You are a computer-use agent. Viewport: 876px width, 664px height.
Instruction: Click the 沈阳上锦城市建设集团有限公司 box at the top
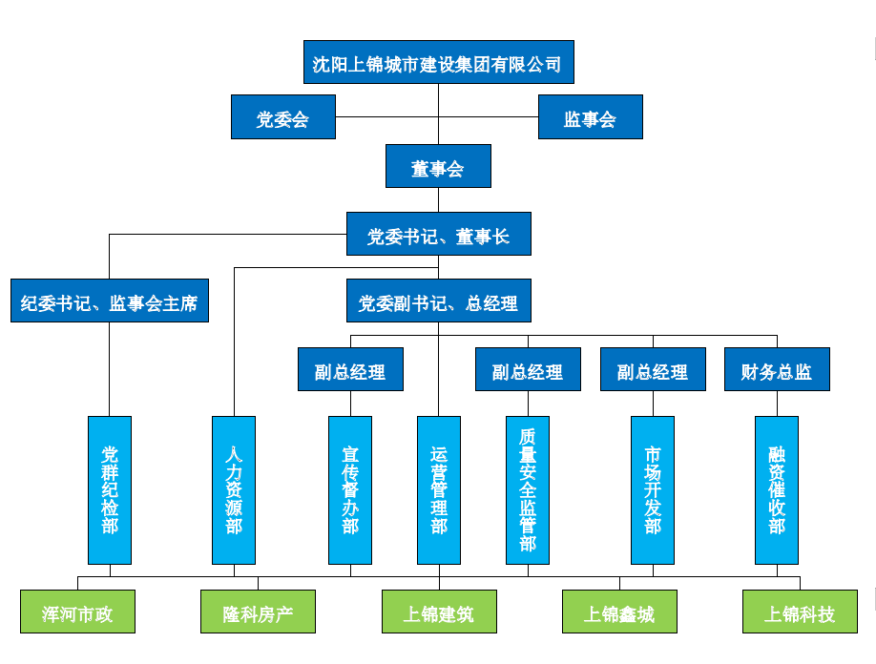coord(438,64)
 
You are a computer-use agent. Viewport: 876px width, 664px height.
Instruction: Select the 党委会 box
coord(282,117)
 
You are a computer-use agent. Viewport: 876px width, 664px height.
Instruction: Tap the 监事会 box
coord(590,117)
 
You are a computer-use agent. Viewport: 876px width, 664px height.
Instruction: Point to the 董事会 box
coord(438,167)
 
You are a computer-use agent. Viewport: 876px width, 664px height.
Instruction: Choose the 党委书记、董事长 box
coord(438,235)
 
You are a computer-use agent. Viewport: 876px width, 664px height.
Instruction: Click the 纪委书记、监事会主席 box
coord(110,301)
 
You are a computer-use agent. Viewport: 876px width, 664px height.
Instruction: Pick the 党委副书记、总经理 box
coord(438,301)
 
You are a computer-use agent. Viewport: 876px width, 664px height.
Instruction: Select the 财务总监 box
coord(776,370)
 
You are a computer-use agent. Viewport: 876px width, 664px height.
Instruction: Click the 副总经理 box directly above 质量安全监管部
coord(528,370)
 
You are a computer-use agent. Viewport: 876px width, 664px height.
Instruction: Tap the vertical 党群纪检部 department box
coord(110,489)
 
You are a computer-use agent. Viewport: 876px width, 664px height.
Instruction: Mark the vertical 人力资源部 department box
coord(234,489)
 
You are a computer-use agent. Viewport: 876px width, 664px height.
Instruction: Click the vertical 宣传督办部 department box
coord(350,489)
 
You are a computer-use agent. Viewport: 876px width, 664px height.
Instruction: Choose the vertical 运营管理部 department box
coord(439,489)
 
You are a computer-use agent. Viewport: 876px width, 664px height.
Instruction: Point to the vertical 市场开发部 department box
coord(653,489)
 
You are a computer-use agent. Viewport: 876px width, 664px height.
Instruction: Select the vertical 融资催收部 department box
coord(777,489)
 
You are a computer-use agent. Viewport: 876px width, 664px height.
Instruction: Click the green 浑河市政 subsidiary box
coord(77,612)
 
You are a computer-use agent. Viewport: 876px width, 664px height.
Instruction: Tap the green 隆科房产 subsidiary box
coord(258,612)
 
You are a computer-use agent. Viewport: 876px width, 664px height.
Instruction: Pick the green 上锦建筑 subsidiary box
coord(439,612)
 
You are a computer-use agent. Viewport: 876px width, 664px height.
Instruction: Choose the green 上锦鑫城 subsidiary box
coord(619,612)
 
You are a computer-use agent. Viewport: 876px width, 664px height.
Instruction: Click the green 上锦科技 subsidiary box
coord(800,612)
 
